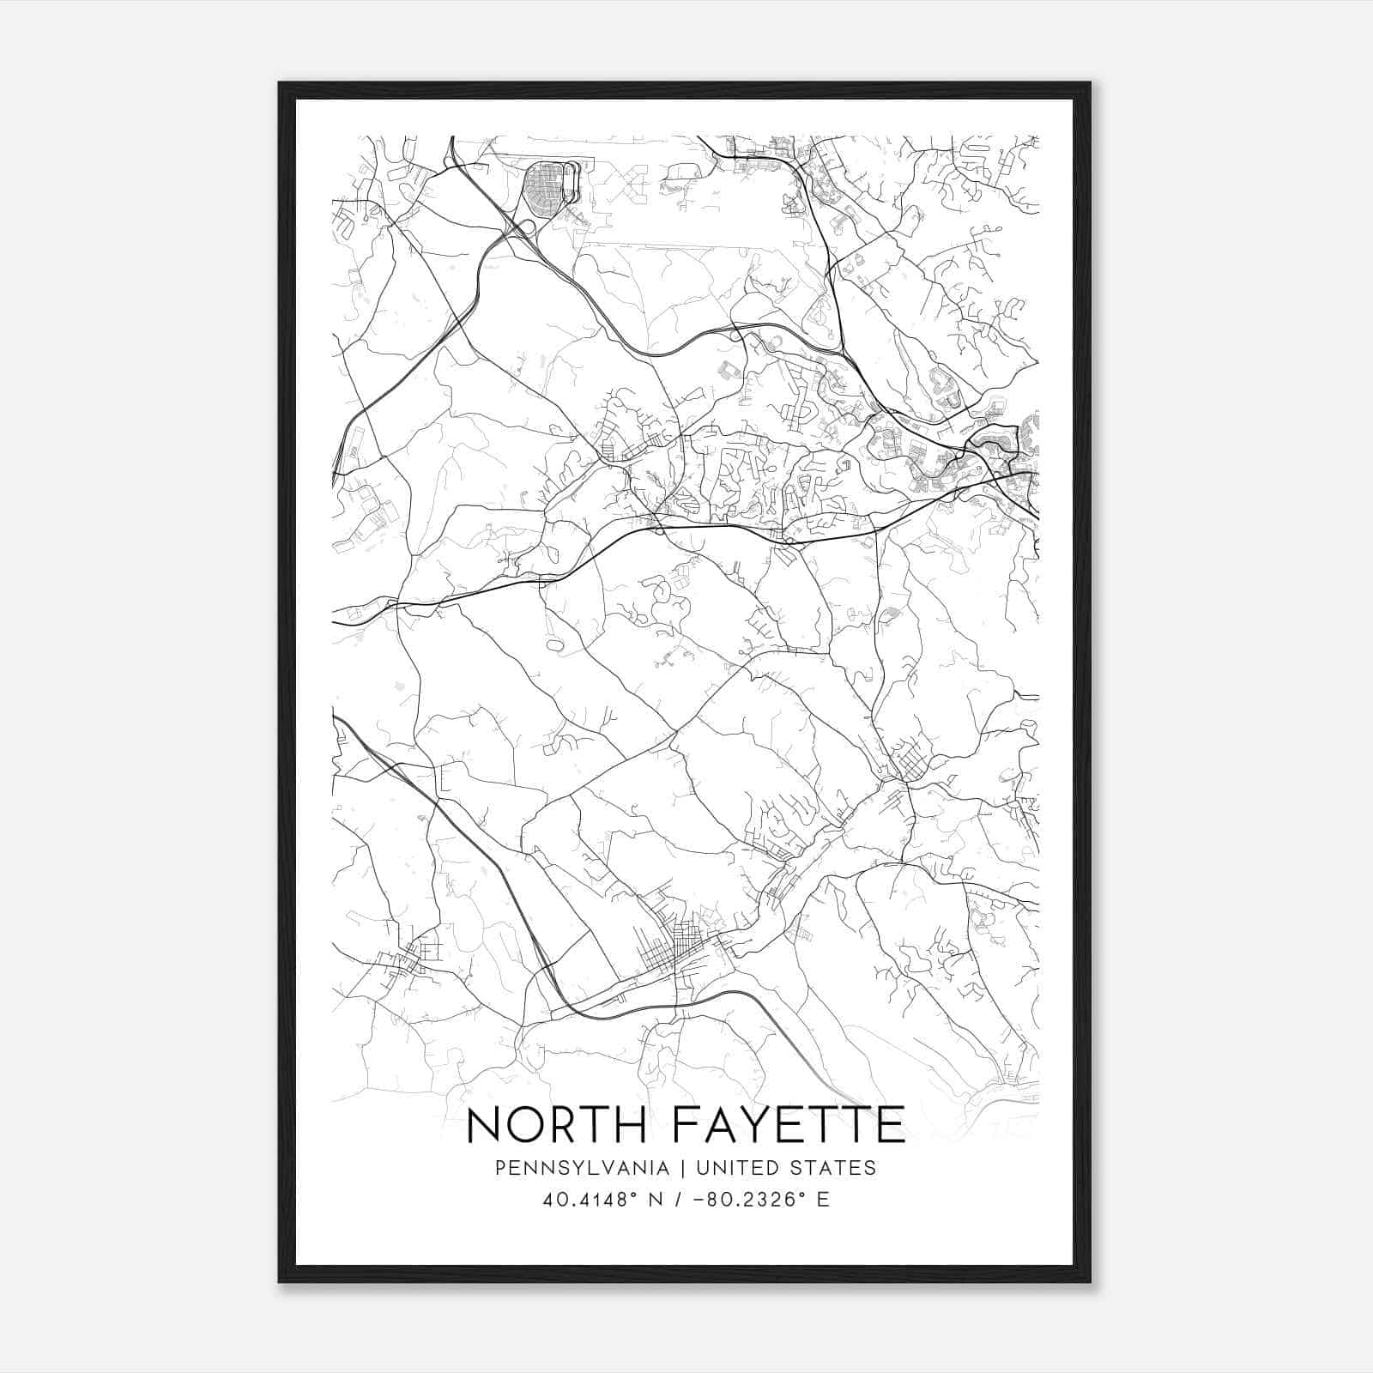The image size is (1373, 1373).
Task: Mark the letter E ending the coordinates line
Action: (823, 1200)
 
